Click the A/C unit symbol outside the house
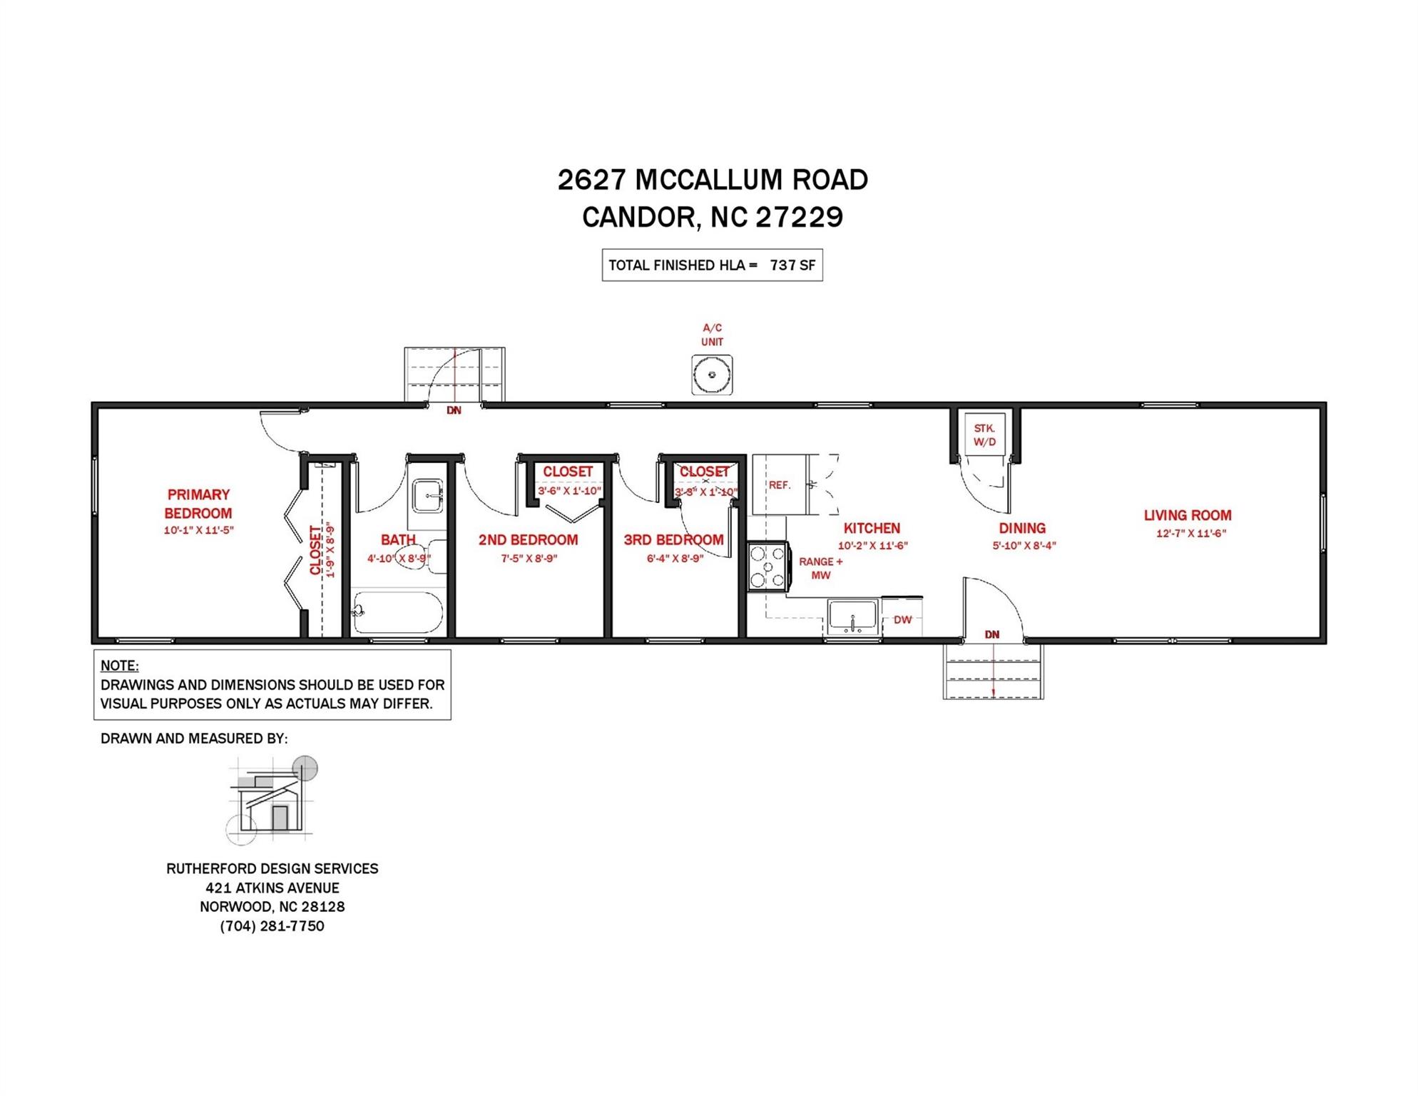point(711,375)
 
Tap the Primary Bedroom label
point(198,504)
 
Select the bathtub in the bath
point(397,612)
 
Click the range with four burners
point(767,567)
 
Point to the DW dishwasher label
point(902,619)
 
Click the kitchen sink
point(852,616)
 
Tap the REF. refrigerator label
point(779,485)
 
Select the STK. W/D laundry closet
point(984,435)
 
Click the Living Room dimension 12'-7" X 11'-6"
point(1190,533)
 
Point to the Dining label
point(1021,528)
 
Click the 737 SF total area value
point(792,265)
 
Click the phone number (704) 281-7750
point(272,926)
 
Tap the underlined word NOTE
point(119,666)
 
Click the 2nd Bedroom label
point(528,540)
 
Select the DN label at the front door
point(991,634)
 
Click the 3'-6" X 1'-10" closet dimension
point(569,491)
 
